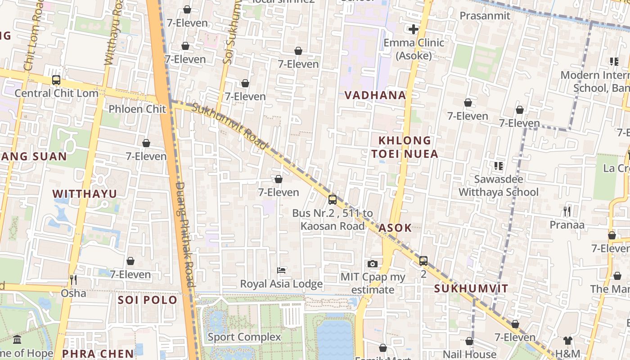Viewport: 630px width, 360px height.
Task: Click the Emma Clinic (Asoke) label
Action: (414, 49)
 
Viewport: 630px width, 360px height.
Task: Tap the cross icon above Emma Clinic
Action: (414, 30)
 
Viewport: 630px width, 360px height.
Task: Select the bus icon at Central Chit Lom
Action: (56, 80)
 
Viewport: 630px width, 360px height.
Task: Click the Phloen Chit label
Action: (137, 109)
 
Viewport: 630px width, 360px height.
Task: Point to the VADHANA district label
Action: (375, 95)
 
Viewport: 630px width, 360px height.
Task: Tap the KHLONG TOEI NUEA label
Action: (405, 147)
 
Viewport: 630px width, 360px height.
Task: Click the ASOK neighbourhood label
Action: (395, 228)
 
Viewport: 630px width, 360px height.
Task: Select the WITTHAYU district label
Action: (85, 193)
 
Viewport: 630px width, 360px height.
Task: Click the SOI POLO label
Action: (148, 300)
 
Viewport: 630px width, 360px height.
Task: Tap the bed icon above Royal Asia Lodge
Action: (281, 270)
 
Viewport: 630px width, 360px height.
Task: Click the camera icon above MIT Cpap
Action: (373, 264)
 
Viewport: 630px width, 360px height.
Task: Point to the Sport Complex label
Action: (244, 337)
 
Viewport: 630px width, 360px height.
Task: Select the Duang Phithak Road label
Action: (184, 234)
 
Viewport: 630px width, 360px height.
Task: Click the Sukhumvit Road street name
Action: (230, 126)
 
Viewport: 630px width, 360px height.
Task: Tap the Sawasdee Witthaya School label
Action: (498, 186)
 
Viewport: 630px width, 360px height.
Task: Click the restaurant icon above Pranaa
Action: (567, 211)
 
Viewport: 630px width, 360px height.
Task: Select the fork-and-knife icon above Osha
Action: (73, 280)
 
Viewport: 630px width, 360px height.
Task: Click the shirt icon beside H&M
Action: (568, 341)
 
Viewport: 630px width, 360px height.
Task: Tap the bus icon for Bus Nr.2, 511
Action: (333, 199)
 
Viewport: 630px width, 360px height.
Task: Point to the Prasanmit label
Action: (485, 16)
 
